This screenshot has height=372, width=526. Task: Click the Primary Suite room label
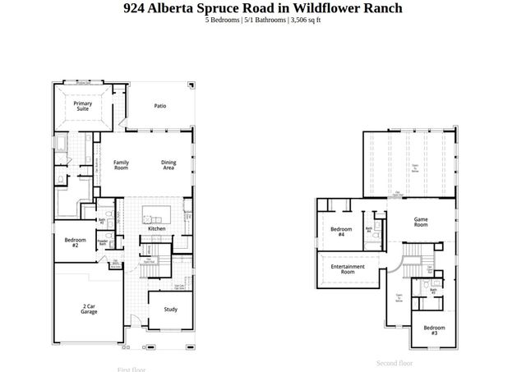82,105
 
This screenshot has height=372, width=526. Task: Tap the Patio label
161,106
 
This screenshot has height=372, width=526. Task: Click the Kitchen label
157,229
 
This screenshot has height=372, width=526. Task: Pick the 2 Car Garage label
90,310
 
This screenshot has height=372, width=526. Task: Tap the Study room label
170,310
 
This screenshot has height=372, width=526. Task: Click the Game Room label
422,222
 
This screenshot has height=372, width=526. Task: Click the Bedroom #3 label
433,330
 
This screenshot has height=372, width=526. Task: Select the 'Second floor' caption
394,362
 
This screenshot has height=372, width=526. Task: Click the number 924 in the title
134,8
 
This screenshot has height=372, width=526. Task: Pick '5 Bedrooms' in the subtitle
224,20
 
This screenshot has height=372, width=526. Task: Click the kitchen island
154,215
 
